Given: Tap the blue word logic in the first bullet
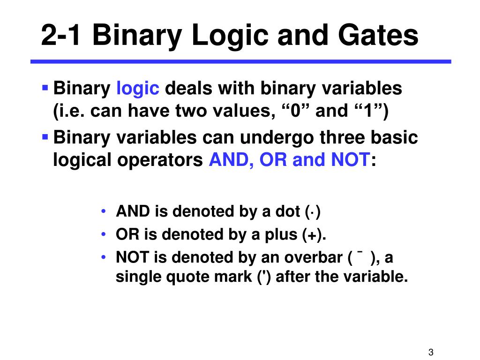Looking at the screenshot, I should (x=138, y=88).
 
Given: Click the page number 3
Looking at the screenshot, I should (x=430, y=353).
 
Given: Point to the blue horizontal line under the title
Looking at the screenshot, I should (x=240, y=61).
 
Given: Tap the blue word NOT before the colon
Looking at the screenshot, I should (x=351, y=161).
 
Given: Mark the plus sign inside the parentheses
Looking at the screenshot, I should (x=312, y=235).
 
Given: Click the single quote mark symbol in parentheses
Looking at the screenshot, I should (x=263, y=277).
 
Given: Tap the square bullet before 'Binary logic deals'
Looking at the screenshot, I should (x=45, y=87).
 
